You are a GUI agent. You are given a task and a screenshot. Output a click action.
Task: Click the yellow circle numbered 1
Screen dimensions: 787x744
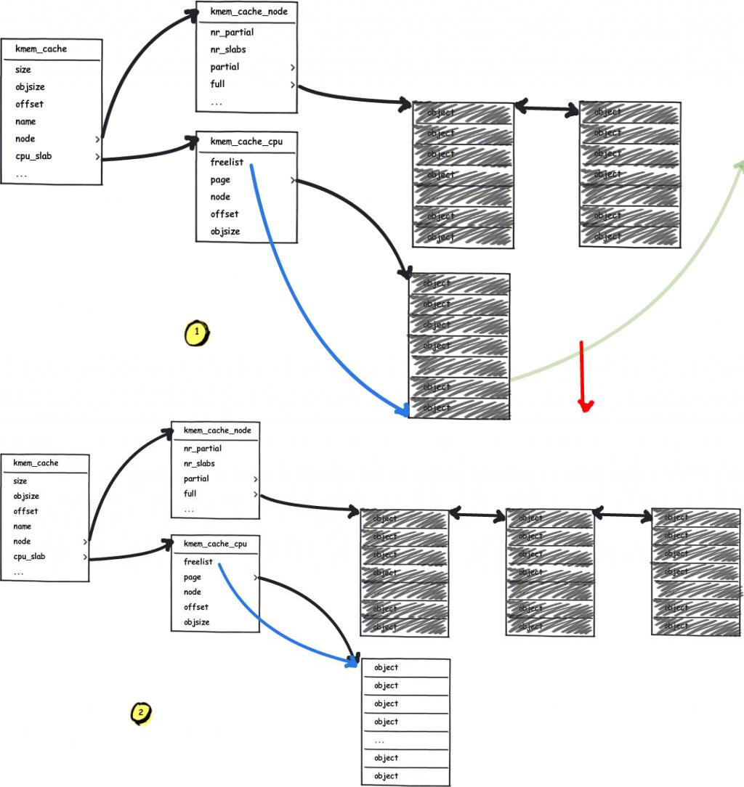196,334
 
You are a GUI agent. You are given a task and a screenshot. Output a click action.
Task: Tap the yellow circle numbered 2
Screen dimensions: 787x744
140,714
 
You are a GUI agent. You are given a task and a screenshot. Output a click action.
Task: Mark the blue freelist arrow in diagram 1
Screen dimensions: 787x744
291,290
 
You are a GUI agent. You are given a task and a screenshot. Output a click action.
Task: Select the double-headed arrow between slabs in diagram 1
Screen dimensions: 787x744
546,109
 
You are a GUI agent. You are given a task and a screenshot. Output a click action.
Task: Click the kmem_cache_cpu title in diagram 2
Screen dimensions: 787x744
215,544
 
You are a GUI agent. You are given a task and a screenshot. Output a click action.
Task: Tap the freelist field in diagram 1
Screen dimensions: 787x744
227,163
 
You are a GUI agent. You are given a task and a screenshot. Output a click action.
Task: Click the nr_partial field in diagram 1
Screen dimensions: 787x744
232,33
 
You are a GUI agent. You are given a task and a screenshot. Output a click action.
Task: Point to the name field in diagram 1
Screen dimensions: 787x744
25,121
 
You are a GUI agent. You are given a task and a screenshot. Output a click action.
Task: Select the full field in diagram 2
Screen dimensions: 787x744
190,494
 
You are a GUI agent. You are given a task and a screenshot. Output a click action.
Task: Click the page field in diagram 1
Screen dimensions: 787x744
220,180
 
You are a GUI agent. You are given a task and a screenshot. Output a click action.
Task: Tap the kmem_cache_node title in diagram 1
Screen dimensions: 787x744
248,12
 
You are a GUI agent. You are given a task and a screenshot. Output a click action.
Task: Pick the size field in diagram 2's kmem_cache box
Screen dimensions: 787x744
20,481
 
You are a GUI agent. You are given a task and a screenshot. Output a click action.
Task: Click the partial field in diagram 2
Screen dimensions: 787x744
196,479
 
